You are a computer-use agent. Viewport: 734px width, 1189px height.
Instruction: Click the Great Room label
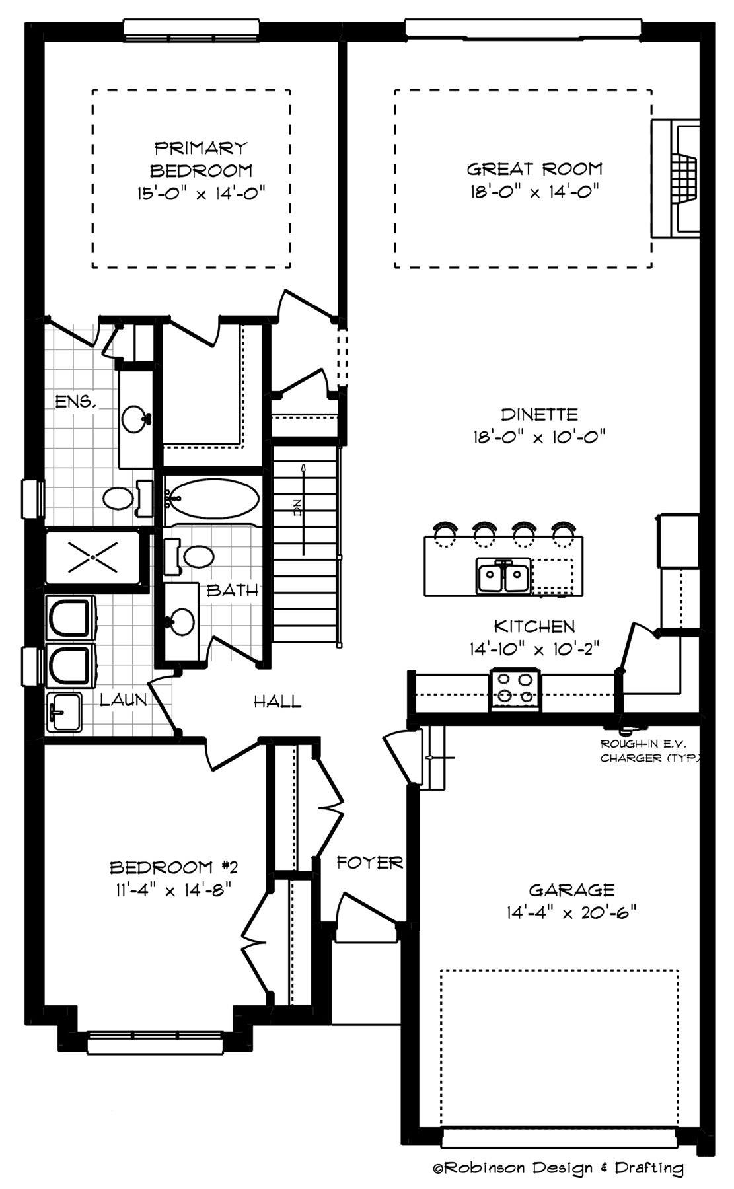point(534,169)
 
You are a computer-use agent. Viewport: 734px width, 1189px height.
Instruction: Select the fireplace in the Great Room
point(675,178)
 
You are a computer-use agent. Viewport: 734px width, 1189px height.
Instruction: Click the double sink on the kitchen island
point(503,576)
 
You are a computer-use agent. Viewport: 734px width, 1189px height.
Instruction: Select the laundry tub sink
point(64,711)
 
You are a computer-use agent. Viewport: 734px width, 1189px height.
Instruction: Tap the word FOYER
point(369,862)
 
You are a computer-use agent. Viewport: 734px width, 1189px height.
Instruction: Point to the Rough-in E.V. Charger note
point(649,751)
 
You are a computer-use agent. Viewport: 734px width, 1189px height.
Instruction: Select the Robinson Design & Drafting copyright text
point(558,1168)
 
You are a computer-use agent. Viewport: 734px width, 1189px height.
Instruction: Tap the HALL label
point(277,701)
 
